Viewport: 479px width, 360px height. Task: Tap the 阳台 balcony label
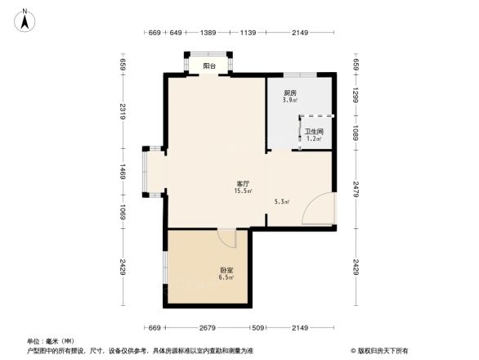pos(210,66)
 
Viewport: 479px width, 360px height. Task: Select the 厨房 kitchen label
pos(289,93)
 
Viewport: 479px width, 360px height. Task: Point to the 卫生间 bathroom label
pos(315,131)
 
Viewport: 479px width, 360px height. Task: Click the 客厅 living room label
pos(243,184)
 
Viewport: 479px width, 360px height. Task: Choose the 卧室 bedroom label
pos(226,271)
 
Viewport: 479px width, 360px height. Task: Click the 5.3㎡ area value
pos(283,200)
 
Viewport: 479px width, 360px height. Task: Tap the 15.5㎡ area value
pos(243,191)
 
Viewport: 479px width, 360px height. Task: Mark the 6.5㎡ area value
pos(226,278)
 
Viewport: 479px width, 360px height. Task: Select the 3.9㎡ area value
pos(289,100)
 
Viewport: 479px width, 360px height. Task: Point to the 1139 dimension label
pos(248,32)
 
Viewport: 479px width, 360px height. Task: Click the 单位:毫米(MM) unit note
pos(51,340)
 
